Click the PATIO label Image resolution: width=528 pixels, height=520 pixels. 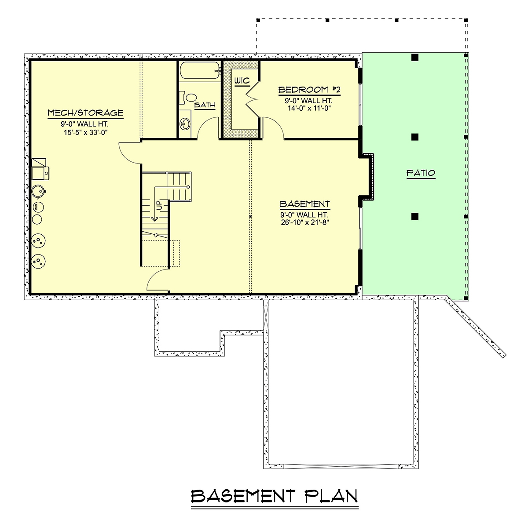pos(421,173)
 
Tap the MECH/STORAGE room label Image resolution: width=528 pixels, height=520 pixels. pos(85,113)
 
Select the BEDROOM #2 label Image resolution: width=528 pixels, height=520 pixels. pos(309,90)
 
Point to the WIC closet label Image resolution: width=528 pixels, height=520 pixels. pos(242,81)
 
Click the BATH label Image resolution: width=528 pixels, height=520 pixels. pos(205,105)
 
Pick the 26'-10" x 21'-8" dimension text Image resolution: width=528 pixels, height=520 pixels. pos(304,222)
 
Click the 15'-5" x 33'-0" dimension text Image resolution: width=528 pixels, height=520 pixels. pos(85,133)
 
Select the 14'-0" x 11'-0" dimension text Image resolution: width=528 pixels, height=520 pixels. pos(309,108)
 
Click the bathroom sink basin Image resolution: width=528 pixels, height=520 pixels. pos(185,124)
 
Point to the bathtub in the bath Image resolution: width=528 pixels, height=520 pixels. pos(200,70)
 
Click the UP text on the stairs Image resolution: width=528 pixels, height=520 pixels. pos(159,205)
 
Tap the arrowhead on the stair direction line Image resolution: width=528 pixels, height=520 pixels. pos(155,219)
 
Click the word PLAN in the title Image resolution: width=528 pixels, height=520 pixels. pos(331,496)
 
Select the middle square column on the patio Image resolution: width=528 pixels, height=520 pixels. pos(415,137)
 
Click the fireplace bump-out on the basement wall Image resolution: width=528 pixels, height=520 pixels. pos(367,178)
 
